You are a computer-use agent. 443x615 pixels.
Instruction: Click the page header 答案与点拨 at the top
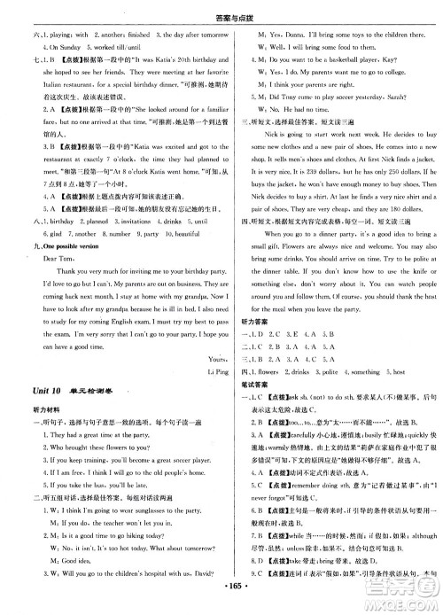[221, 8]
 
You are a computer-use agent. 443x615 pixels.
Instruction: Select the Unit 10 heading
[42, 416]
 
